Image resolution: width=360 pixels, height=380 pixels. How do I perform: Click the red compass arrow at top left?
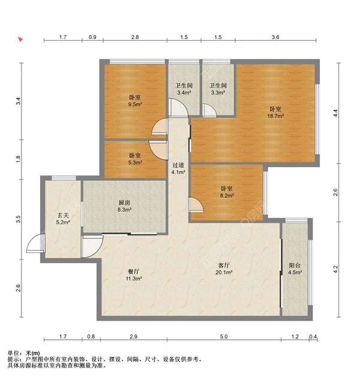click(x=20, y=39)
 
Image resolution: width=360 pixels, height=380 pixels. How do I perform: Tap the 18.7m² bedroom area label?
click(x=275, y=113)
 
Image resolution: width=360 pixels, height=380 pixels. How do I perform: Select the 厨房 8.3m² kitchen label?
click(x=124, y=206)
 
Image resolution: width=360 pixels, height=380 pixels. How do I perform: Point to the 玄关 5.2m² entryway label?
click(x=63, y=219)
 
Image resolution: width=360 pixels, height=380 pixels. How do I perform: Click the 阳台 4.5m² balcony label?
click(x=295, y=269)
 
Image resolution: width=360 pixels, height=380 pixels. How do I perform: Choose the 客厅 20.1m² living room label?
click(x=224, y=269)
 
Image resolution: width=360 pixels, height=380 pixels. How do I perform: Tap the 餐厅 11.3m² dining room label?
click(x=134, y=275)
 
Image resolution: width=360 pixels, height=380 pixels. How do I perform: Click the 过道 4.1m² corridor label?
click(x=179, y=168)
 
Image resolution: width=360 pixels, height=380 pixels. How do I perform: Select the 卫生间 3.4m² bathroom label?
click(x=184, y=89)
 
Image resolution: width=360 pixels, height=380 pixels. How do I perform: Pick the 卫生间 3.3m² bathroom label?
click(x=218, y=89)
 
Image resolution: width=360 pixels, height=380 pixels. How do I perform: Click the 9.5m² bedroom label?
click(x=135, y=101)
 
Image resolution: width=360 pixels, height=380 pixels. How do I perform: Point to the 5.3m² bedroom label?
click(x=135, y=159)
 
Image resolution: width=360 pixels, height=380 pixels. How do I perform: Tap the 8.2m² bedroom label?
click(x=227, y=192)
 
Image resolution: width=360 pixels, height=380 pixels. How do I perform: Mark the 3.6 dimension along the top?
click(x=275, y=37)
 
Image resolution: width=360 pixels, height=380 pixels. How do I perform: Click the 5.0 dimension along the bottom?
click(x=224, y=336)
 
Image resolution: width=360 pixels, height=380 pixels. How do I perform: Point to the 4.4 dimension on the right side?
click(x=335, y=113)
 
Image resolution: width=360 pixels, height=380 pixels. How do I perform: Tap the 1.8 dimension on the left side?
click(x=18, y=158)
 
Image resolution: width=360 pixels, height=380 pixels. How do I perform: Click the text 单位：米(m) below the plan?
click(x=24, y=353)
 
